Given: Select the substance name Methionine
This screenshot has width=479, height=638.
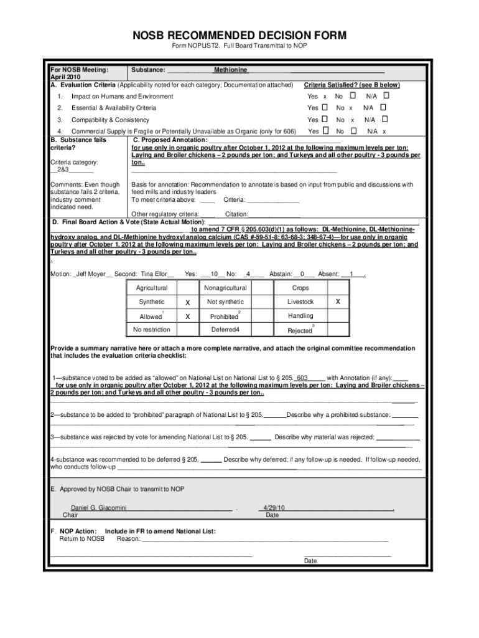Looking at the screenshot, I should pyautogui.click(x=230, y=70).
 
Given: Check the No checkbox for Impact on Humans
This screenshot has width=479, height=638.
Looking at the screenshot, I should pyautogui.click(x=353, y=96).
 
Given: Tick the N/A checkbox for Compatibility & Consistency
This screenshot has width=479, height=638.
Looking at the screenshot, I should pyautogui.click(x=384, y=119).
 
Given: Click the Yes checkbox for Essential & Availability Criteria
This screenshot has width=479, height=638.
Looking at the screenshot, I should pyautogui.click(x=324, y=108).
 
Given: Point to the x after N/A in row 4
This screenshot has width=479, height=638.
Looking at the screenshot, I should pyautogui.click(x=384, y=131).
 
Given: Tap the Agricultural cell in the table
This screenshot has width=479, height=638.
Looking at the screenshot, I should pyautogui.click(x=152, y=288).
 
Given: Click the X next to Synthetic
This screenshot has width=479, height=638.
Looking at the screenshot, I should pyautogui.click(x=187, y=302).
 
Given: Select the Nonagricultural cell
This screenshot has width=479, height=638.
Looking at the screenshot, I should pyautogui.click(x=225, y=288).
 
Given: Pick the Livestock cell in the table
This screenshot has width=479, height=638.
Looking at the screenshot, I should pyautogui.click(x=300, y=302).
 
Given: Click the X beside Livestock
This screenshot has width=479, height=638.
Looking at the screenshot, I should pyautogui.click(x=338, y=302).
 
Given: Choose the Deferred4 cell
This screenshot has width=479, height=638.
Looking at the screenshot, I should pyautogui.click(x=225, y=330).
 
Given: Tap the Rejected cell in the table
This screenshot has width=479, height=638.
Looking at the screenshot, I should pyautogui.click(x=300, y=330).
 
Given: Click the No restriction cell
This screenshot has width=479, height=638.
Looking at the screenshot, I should pyautogui.click(x=152, y=330).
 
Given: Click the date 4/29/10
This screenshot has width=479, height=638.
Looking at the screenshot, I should pyautogui.click(x=274, y=508).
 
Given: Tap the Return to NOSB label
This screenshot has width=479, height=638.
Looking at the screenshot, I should pyautogui.click(x=81, y=538).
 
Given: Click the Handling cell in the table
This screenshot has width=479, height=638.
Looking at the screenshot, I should pyautogui.click(x=300, y=316).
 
